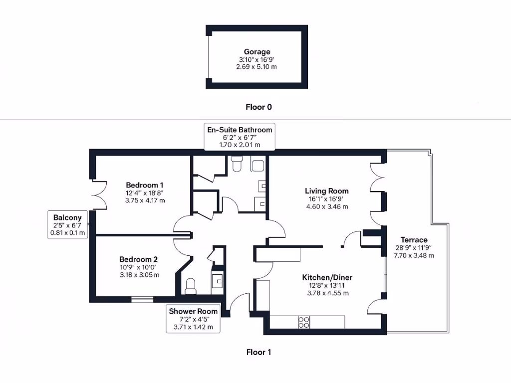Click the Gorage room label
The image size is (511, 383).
[x=257, y=52]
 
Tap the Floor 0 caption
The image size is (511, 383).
[x=258, y=107]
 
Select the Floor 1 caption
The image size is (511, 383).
[x=258, y=352]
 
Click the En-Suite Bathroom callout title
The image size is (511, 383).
[x=240, y=130]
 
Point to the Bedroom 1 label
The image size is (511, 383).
[x=145, y=184]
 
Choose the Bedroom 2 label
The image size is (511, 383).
[x=139, y=259]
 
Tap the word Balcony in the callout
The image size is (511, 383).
[x=67, y=217]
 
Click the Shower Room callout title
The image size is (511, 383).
[x=193, y=311]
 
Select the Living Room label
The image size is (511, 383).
[x=327, y=191]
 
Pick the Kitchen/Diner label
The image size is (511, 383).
[x=327, y=277]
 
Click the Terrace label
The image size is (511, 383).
[x=414, y=240]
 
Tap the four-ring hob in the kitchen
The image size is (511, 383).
[x=304, y=323]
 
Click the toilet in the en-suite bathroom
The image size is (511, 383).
[x=236, y=164]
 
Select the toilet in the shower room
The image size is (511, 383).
[x=190, y=286]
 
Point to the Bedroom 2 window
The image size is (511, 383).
[x=143, y=300]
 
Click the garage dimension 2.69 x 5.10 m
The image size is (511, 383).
[x=256, y=67]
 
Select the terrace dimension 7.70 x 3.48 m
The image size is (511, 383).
[x=414, y=255]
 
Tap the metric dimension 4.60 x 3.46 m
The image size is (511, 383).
[x=327, y=206]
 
